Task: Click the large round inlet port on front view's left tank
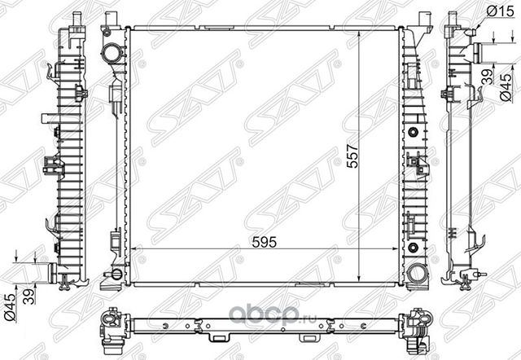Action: point(112,54)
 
